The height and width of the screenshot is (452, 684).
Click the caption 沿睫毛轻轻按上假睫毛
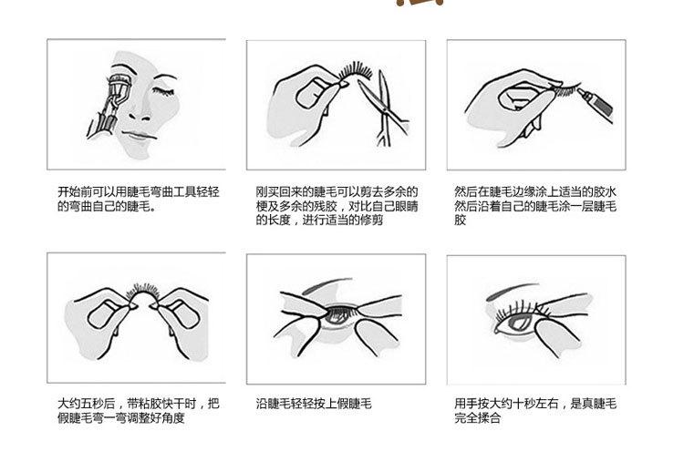click(x=315, y=403)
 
